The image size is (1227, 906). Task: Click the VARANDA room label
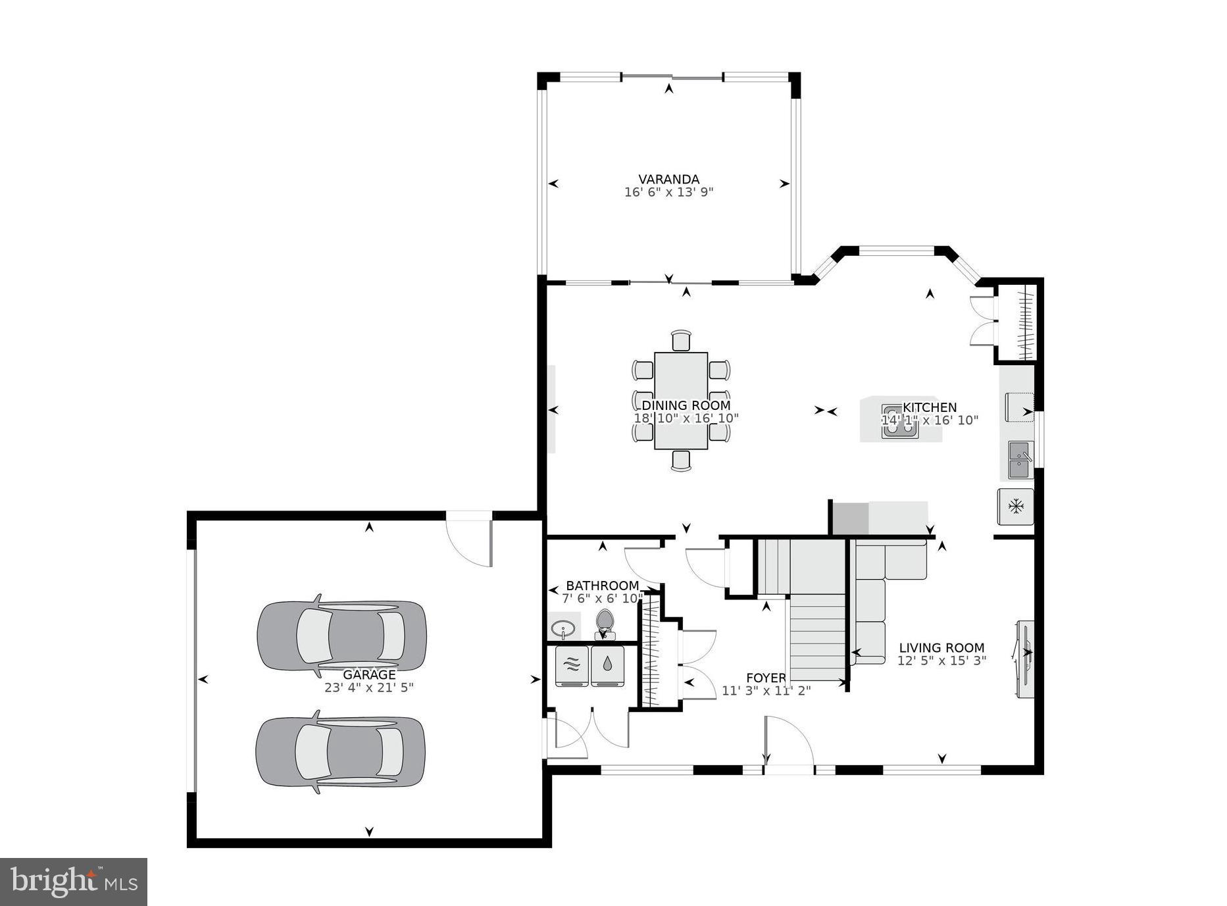pyautogui.click(x=668, y=179)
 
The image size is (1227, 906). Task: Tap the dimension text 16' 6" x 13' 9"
pyautogui.click(x=668, y=193)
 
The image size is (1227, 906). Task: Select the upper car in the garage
pyautogui.click(x=341, y=635)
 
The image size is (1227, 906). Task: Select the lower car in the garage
pyautogui.click(x=340, y=751)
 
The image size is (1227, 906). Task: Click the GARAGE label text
pyautogui.click(x=369, y=675)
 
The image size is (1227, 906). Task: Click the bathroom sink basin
pyautogui.click(x=563, y=628)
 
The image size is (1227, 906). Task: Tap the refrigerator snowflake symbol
pyautogui.click(x=1016, y=506)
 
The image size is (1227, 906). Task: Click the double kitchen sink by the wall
pyautogui.click(x=1020, y=461)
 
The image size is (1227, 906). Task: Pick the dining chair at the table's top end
pyautogui.click(x=681, y=341)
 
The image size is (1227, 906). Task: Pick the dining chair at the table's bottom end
pyautogui.click(x=681, y=460)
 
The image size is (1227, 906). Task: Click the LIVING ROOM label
pyautogui.click(x=941, y=647)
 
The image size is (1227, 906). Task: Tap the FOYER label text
pyautogui.click(x=766, y=678)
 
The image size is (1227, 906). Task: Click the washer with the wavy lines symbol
pyautogui.click(x=572, y=665)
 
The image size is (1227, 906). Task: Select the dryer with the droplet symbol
pyautogui.click(x=607, y=665)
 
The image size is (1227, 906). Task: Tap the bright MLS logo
pyautogui.click(x=74, y=882)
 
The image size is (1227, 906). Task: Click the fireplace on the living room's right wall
pyautogui.click(x=1025, y=658)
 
